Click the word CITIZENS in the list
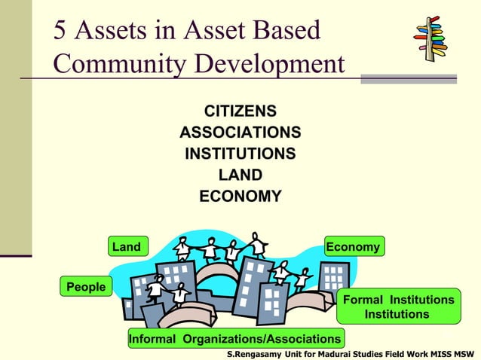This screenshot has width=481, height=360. tap(240, 112)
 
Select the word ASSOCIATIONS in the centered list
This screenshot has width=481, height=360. tap(240, 133)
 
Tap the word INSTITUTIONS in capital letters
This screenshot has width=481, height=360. tap(240, 154)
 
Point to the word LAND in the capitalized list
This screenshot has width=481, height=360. tap(240, 175)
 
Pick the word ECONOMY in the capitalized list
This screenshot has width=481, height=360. tap(240, 197)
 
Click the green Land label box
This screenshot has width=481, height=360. tap(127, 247)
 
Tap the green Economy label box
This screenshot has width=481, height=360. tap(353, 247)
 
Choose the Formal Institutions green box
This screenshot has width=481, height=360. tap(398, 307)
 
